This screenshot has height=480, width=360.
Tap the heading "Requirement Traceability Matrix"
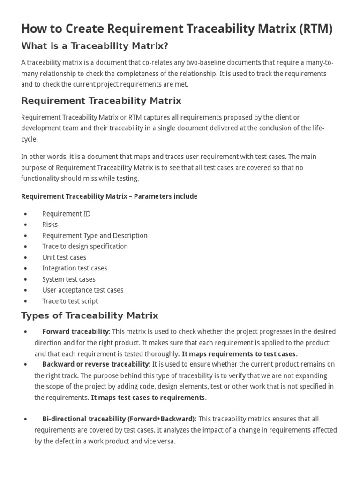[101, 101]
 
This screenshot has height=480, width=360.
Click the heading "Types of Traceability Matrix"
[90, 315]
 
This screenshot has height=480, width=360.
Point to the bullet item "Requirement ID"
[66, 214]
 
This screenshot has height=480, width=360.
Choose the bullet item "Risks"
[50, 225]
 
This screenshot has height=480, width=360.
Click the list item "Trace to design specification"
[85, 246]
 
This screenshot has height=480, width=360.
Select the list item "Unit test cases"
[64, 257]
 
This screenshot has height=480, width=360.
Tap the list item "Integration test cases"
[75, 268]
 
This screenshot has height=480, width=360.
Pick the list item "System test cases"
[68, 279]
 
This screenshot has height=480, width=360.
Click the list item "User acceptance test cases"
[82, 290]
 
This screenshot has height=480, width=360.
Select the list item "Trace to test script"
[70, 301]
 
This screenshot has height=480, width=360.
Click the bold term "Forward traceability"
[76, 332]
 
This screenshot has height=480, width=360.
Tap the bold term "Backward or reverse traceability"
[95, 364]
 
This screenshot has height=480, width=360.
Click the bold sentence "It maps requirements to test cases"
[239, 353]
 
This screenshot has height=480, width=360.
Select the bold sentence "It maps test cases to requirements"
[148, 397]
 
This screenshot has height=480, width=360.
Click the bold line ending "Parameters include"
[109, 196]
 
